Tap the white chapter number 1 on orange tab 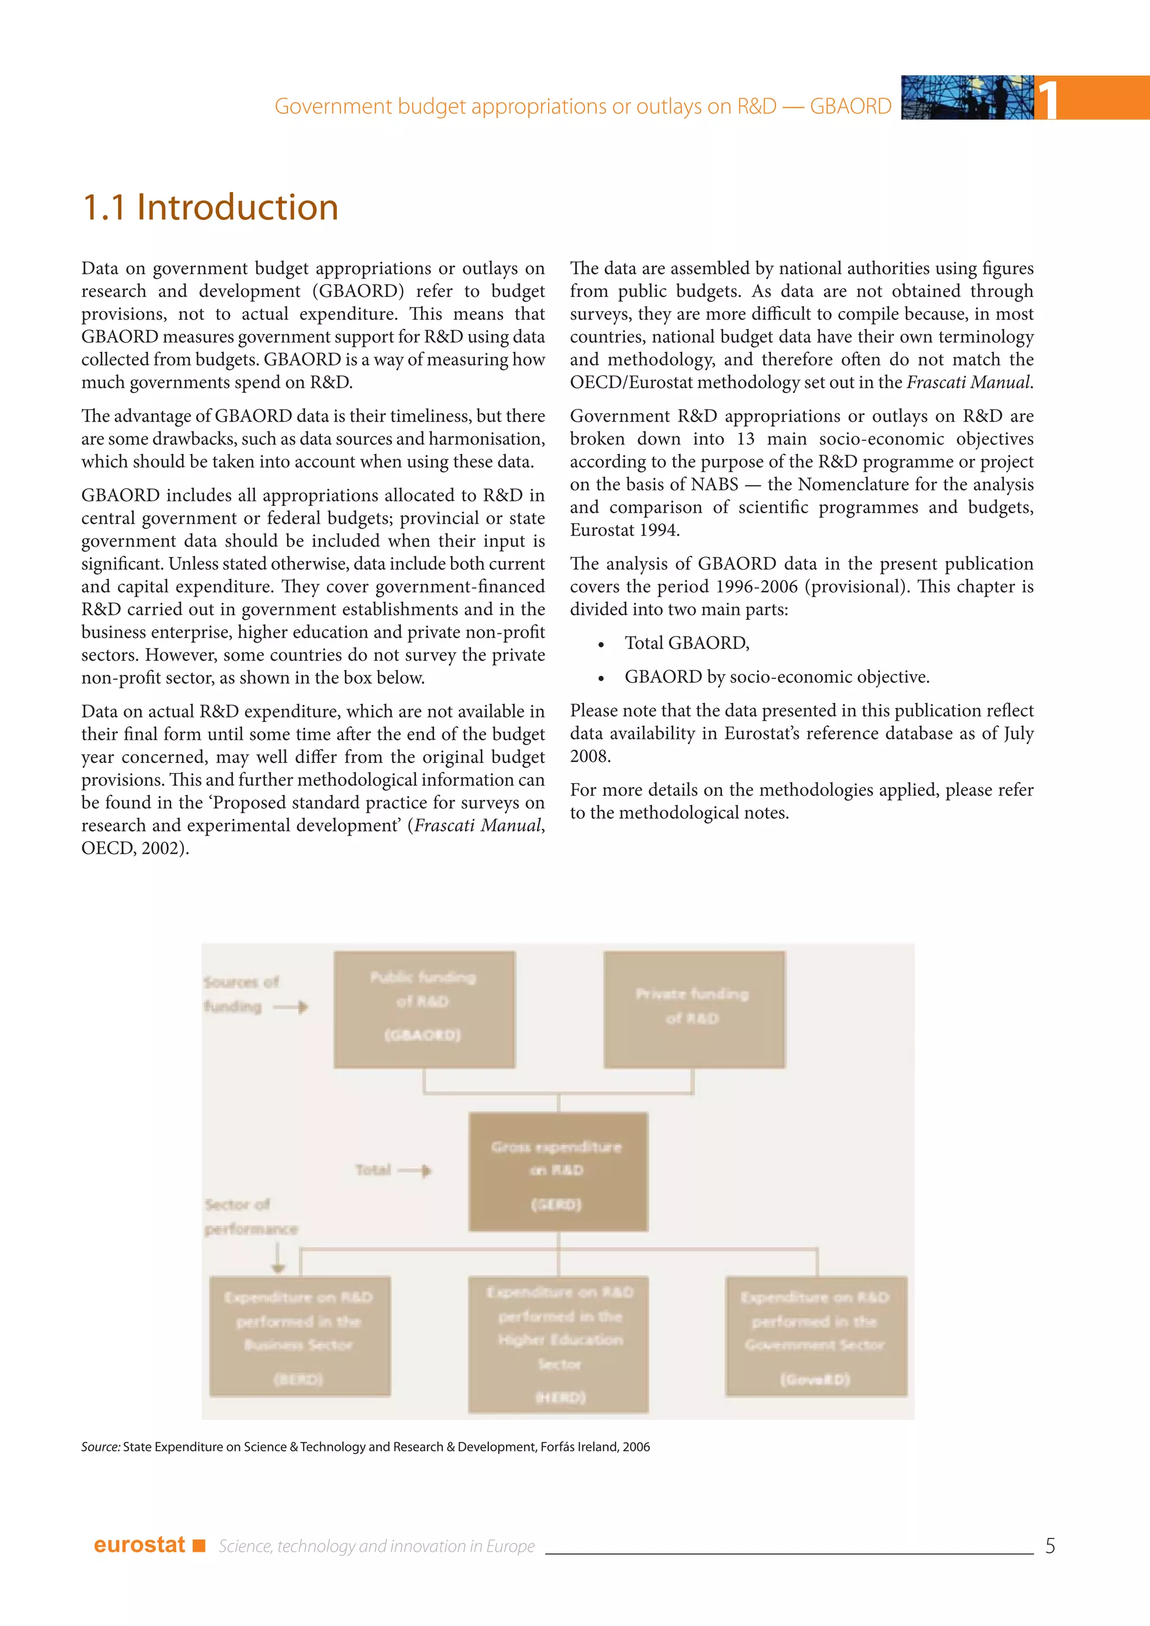1048,99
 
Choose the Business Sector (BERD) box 299,1336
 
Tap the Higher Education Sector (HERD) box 558,1344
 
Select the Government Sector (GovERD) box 816,1336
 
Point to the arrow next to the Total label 415,1171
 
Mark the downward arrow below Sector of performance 277,1258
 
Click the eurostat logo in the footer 139,1545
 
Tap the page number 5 1049,1545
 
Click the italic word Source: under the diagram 101,1447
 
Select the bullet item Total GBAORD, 686,643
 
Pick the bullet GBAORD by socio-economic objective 776,677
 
